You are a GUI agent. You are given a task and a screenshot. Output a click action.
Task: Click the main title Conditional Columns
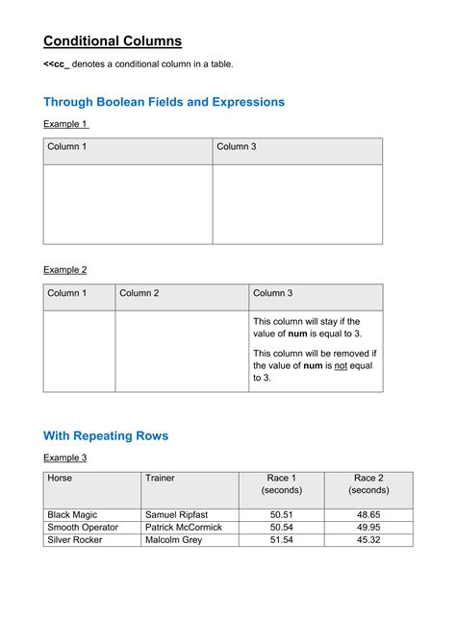click(x=113, y=41)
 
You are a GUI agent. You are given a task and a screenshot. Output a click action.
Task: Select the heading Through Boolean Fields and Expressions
click(x=164, y=102)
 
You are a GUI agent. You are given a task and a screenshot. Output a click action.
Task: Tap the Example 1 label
click(x=65, y=124)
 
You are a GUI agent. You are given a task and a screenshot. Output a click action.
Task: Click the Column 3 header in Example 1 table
click(x=236, y=147)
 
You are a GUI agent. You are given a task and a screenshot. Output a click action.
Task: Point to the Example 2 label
click(x=65, y=270)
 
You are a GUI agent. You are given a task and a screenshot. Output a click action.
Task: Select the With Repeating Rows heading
click(x=106, y=436)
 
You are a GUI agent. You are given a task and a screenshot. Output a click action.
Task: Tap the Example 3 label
click(x=65, y=458)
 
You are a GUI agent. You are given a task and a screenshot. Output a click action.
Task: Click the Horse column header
click(x=60, y=478)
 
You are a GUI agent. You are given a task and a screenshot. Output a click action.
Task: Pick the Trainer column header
click(x=160, y=478)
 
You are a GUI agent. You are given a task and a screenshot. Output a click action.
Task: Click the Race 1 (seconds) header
click(x=282, y=483)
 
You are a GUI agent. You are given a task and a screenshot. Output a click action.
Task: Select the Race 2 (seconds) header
click(x=368, y=483)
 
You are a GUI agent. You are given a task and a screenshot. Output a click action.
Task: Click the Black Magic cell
click(x=72, y=515)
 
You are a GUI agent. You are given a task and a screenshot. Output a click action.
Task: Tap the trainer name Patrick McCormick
click(x=183, y=528)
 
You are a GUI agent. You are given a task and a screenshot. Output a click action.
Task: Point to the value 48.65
click(x=368, y=515)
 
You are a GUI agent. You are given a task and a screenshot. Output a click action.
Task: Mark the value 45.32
click(x=368, y=540)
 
